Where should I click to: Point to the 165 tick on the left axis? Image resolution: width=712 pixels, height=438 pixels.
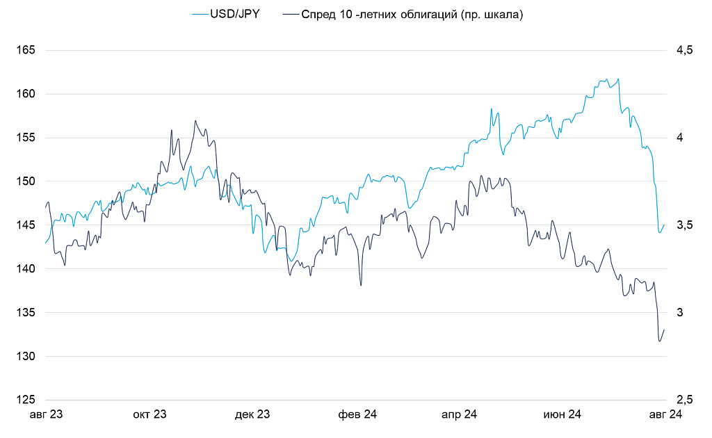[26, 50]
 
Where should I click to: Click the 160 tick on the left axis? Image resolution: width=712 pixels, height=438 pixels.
[26, 94]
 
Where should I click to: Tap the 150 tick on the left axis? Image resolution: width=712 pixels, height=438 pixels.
[26, 181]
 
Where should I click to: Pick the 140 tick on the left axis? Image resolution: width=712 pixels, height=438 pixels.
[26, 269]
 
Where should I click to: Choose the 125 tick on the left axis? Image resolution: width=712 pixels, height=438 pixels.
[26, 400]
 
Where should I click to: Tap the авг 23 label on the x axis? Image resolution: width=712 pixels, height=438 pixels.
[46, 415]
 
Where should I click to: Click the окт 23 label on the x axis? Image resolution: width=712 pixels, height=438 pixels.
[149, 415]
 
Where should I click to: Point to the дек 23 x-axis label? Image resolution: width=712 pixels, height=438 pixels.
[252, 415]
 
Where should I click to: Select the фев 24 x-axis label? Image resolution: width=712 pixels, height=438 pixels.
[357, 415]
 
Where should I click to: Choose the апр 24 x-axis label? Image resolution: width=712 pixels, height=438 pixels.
[459, 415]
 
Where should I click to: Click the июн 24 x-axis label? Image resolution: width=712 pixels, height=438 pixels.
[562, 415]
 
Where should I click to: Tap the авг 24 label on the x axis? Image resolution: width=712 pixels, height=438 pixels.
[665, 415]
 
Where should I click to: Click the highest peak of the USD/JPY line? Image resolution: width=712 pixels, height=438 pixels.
[618, 79]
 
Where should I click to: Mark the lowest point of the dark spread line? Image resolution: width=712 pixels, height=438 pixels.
[659, 341]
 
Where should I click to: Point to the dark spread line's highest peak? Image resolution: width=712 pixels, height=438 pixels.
[196, 120]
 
